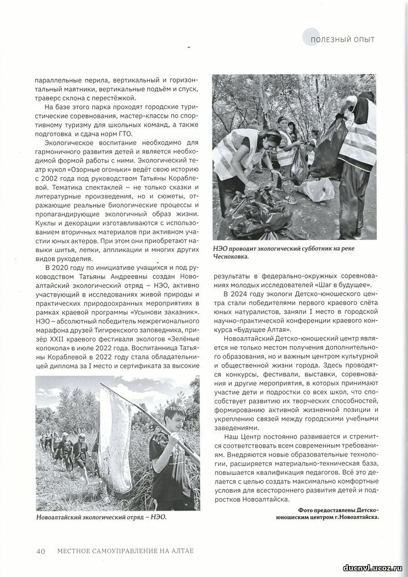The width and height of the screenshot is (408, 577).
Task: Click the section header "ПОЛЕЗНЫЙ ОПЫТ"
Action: pyautogui.click(x=342, y=39)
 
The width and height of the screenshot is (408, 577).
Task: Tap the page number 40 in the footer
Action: pyautogui.click(x=41, y=550)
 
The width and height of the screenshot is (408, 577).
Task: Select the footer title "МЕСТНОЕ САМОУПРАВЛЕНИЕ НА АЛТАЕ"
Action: pyautogui.click(x=125, y=550)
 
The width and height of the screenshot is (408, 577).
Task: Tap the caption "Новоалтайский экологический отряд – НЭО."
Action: pyautogui.click(x=101, y=517)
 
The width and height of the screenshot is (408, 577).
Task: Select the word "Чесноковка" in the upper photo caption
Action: pyautogui.click(x=234, y=257)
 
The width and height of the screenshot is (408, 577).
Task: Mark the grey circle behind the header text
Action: pyautogui.click(x=312, y=38)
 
